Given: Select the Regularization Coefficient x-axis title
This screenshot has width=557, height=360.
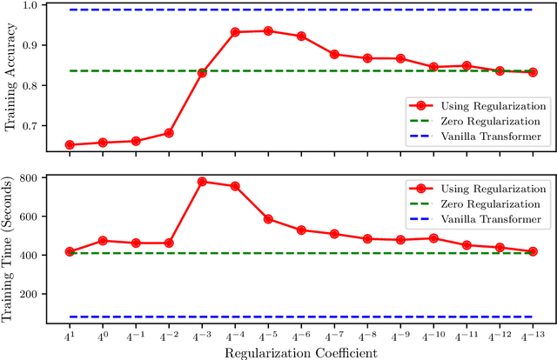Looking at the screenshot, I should [x=300, y=352].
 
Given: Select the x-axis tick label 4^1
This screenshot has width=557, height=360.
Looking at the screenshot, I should [x=70, y=334].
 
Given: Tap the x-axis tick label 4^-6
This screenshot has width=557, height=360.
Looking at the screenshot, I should [x=300, y=334].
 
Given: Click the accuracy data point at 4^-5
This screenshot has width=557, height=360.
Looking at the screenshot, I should [x=268, y=30].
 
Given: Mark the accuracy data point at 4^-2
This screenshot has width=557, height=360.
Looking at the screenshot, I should [x=169, y=133].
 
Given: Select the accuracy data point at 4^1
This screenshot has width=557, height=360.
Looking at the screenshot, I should [x=70, y=144].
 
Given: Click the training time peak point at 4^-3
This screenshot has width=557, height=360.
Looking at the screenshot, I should [x=202, y=182].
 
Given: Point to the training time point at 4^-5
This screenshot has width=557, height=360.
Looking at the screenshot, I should [x=268, y=219].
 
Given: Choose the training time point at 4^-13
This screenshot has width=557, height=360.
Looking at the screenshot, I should [x=533, y=251].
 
